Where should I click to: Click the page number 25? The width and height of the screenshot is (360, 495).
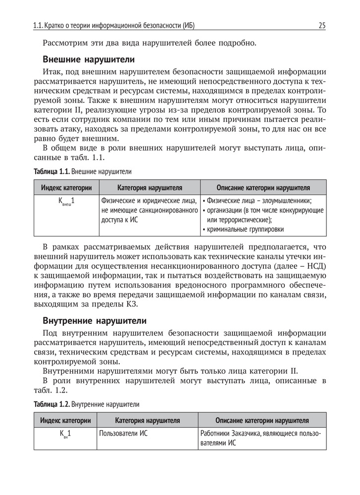(322, 25)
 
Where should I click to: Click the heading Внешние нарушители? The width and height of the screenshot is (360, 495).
(89, 60)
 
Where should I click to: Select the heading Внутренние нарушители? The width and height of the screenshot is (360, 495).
(95, 320)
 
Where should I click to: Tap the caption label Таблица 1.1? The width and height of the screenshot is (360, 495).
(51, 172)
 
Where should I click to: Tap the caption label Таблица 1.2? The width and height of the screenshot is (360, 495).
(51, 404)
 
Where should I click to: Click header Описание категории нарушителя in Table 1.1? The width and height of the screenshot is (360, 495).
(263, 188)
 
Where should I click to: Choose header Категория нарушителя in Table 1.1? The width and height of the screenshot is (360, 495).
(150, 188)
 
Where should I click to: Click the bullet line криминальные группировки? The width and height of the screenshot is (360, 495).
(245, 229)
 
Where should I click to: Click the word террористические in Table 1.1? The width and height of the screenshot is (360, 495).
(238, 219)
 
